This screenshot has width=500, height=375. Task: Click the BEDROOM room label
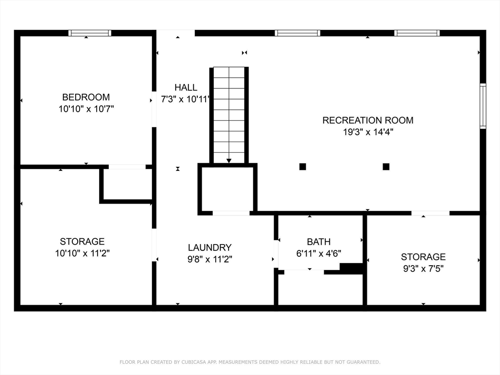(x=86, y=97)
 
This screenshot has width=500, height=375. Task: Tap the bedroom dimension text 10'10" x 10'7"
(x=86, y=109)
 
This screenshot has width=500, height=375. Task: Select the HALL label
(x=186, y=87)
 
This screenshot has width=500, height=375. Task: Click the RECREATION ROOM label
(x=368, y=120)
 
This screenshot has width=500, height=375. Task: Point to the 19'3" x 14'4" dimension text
(x=368, y=132)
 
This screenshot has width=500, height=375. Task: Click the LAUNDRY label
(x=210, y=248)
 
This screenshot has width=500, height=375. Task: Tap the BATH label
(x=319, y=242)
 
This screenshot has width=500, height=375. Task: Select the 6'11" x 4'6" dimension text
(x=319, y=253)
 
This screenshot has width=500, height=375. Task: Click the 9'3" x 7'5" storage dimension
(x=423, y=269)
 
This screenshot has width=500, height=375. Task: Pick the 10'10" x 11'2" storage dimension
(x=82, y=253)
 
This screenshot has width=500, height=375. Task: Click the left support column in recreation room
(x=303, y=167)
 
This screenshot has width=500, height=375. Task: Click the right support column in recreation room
(x=386, y=167)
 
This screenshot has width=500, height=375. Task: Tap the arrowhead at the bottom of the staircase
(x=229, y=161)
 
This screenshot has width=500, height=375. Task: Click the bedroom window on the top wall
(x=90, y=33)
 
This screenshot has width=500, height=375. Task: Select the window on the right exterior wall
(x=483, y=106)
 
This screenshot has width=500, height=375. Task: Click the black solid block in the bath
(x=351, y=268)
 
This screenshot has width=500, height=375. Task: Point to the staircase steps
(x=229, y=112)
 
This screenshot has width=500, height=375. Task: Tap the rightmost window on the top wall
(x=417, y=33)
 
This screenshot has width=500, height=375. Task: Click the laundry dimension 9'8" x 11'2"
(x=210, y=259)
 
